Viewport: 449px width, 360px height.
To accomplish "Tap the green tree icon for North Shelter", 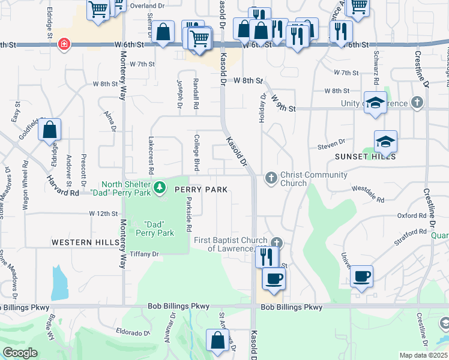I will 160,188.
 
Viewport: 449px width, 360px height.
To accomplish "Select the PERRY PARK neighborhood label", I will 201,190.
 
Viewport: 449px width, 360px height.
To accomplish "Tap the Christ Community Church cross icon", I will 271,178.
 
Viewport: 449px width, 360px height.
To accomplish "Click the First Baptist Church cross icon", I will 276,243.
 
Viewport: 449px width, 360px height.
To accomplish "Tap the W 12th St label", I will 101,214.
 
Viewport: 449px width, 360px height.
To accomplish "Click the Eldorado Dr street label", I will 133,332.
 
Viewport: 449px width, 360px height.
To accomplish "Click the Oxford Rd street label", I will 411,215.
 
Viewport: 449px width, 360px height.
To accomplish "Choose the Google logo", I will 20,353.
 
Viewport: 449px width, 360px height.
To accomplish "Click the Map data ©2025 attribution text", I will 423,355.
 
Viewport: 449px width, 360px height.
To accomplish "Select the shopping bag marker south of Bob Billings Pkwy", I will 217,340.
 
